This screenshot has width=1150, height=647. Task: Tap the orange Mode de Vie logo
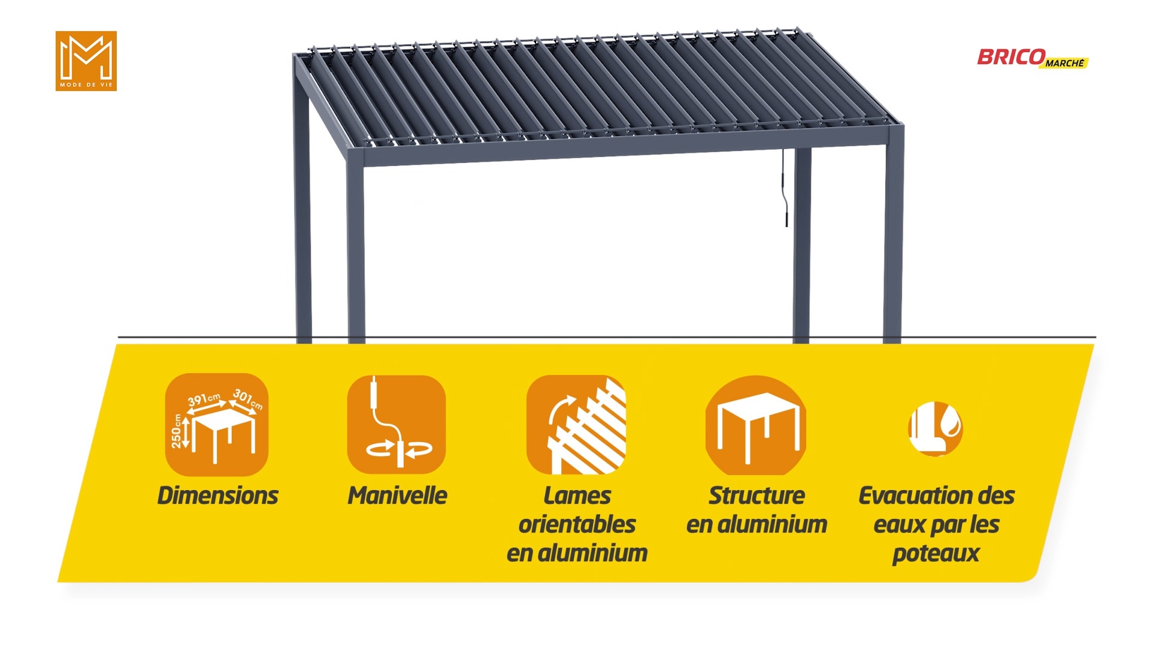click(x=86, y=61)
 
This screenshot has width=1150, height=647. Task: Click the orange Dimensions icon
click(x=217, y=425)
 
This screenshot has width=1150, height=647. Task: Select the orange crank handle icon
click(x=397, y=425)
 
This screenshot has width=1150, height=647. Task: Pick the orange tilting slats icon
click(x=576, y=425)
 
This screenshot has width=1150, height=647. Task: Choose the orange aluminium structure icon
click(x=756, y=425)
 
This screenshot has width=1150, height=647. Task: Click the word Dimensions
click(x=217, y=495)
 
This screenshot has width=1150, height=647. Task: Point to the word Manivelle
click(x=397, y=495)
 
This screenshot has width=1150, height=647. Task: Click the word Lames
click(x=577, y=495)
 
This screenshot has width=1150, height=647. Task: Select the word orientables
click(x=577, y=524)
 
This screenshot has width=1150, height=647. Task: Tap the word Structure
click(x=756, y=495)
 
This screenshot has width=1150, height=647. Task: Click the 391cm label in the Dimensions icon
click(x=204, y=400)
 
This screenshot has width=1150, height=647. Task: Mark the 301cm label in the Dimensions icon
click(x=248, y=399)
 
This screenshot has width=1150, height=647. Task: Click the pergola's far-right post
click(x=893, y=234)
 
